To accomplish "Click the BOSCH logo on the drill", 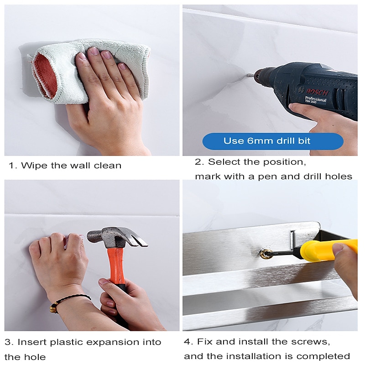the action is coord(317,92).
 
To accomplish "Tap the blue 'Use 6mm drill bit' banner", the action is coord(273,141).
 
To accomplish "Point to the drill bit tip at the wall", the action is coord(247,76).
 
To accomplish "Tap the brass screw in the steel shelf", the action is coord(266,254).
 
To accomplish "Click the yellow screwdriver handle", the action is coord(328,250).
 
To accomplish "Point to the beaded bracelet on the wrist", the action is coord(68,302).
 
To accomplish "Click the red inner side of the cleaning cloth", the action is coord(45,76).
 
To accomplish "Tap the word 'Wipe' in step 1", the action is coord(34,166).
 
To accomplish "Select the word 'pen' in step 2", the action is coord(268,177).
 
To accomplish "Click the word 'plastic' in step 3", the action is coord(67,342).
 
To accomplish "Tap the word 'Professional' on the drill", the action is coord(315,99).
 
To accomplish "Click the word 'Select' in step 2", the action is coord(222,162).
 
